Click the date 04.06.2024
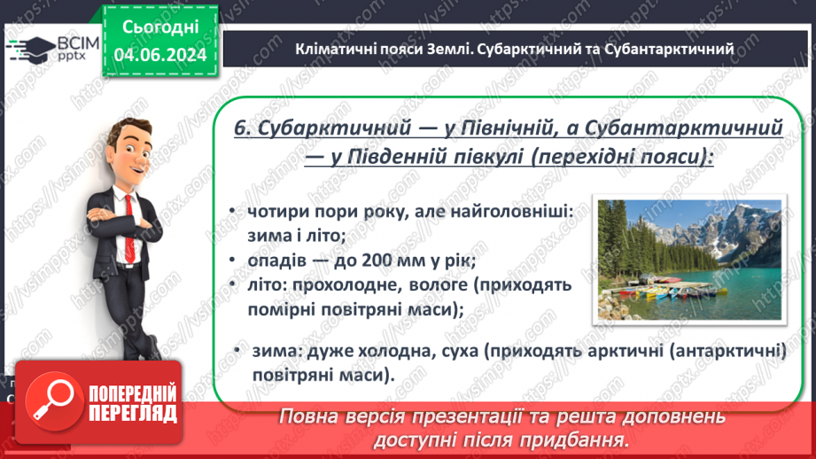[x=159, y=56]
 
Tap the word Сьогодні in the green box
[x=159, y=28]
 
